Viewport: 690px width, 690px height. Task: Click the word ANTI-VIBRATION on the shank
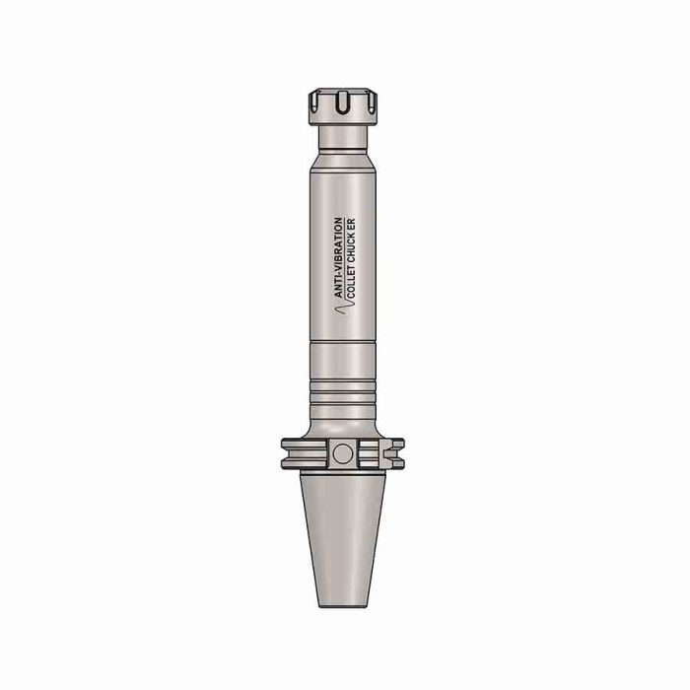pos(338,256)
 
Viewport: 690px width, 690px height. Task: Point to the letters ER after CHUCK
pos(351,224)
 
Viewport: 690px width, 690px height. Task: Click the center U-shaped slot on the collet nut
pos(342,103)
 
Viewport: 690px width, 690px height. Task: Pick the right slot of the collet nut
pos(372,102)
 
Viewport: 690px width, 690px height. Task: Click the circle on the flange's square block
pos(342,453)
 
